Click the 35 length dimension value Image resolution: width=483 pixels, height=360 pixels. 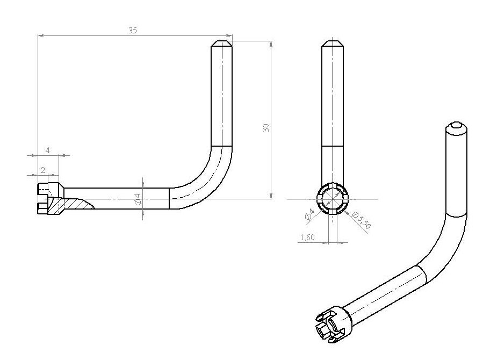pos(133,31)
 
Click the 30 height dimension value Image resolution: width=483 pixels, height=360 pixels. pos(265,127)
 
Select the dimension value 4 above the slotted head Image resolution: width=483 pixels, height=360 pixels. pos(47,150)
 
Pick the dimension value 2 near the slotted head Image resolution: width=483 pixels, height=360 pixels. pos(42,169)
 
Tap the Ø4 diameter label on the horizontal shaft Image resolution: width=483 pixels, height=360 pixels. pos(138,199)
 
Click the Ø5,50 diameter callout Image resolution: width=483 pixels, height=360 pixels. pos(363,220)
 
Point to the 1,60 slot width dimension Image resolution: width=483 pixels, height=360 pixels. pos(308,237)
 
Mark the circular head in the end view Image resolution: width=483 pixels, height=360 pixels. pos(333,199)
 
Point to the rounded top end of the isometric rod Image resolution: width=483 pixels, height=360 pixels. pos(456,128)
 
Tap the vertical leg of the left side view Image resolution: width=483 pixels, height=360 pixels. pos(221,97)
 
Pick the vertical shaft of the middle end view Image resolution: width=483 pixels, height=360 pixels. pos(333,107)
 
